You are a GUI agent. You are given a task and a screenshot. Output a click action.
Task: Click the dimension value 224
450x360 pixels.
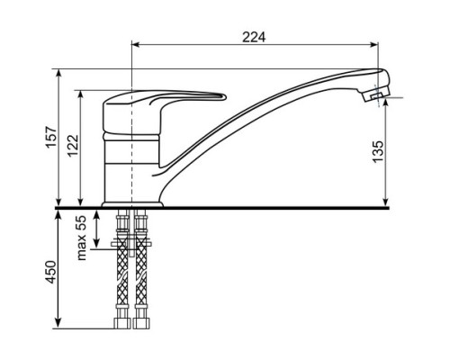[254, 37]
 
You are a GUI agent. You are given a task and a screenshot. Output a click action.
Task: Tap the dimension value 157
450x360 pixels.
[51, 138]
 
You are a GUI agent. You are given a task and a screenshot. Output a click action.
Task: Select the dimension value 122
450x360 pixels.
[73, 146]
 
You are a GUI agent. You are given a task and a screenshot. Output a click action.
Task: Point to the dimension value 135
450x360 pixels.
[378, 152]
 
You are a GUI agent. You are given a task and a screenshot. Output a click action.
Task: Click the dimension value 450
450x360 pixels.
[51, 272]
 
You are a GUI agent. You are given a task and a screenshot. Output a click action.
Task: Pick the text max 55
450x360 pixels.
[82, 238]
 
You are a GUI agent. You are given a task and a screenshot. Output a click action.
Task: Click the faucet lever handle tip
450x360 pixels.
[224, 97]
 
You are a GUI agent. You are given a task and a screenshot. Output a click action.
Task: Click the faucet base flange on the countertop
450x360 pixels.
[132, 204]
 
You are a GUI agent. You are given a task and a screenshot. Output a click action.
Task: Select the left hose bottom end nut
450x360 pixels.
[122, 323]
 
